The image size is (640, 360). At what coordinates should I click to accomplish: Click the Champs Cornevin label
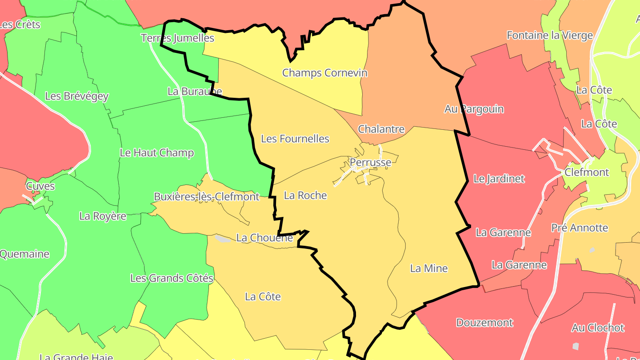[325, 73]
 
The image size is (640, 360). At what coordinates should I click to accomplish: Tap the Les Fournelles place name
[295, 139]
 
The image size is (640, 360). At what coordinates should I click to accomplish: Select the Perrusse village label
[371, 162]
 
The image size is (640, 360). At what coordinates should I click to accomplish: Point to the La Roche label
[305, 196]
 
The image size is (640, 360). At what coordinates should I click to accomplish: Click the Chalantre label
[381, 129]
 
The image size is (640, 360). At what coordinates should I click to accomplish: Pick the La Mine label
[428, 268]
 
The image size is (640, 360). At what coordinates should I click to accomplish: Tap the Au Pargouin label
[474, 109]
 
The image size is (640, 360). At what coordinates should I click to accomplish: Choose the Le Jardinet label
[499, 179]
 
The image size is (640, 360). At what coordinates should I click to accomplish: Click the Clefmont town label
[587, 172]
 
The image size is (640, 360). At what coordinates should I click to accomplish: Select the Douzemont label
[484, 323]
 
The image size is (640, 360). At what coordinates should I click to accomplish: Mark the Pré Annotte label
[580, 228]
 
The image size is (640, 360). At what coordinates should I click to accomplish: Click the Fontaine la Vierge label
[550, 36]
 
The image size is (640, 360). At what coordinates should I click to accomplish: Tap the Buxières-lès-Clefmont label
[206, 196]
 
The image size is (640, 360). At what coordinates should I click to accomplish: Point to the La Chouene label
[264, 238]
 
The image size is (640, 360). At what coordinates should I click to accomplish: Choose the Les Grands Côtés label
[172, 279]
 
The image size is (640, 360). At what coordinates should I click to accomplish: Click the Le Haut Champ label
[157, 153]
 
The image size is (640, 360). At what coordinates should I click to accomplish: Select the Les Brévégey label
[77, 96]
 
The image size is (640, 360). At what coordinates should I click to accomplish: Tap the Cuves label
[40, 186]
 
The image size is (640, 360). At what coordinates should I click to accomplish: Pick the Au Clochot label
[598, 328]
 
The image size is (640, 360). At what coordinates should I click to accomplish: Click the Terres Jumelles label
[178, 38]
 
